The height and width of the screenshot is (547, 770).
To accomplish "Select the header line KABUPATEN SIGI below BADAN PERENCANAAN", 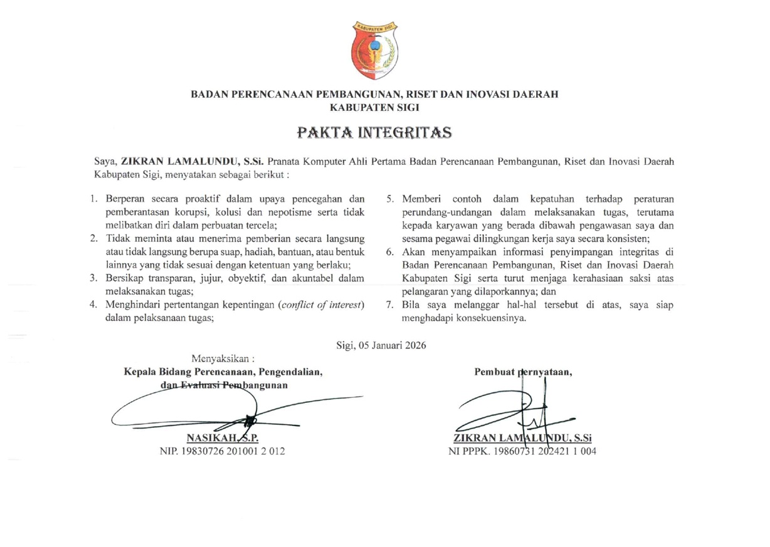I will (374, 107).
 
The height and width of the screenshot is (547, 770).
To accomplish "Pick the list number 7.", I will (389, 305).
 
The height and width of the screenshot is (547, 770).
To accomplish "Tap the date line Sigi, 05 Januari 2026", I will (381, 344).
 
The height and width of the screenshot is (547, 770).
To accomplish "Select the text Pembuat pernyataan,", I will (524, 372).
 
